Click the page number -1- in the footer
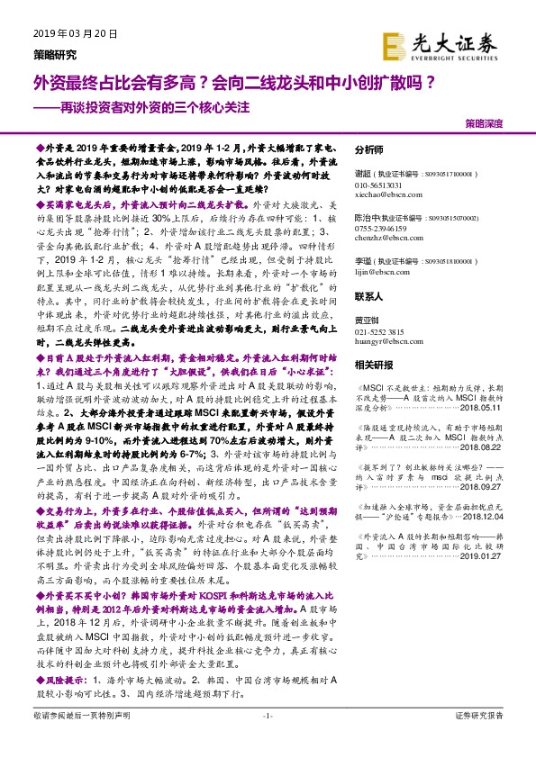(268, 739)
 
